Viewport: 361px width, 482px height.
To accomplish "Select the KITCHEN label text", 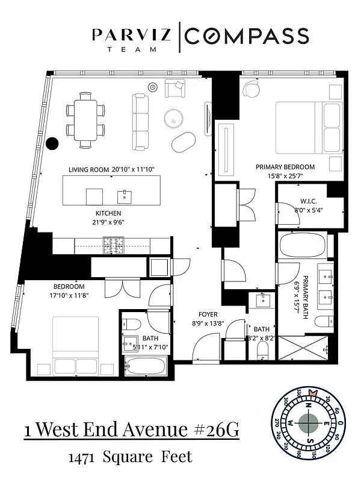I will coord(108,214).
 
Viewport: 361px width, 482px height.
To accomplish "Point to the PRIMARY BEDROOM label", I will coord(285,167).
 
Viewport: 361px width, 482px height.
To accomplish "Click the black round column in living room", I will coord(53,143).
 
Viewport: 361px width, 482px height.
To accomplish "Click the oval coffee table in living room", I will coord(184,143).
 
